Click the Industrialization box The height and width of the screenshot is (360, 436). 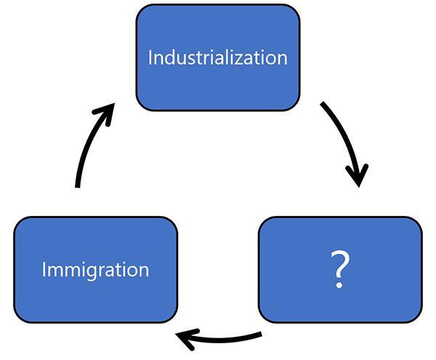pyautogui.click(x=217, y=80)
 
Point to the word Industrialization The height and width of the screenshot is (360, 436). pyautogui.click(x=217, y=57)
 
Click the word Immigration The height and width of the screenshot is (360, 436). pyautogui.click(x=95, y=270)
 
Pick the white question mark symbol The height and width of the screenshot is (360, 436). pyautogui.click(x=339, y=270)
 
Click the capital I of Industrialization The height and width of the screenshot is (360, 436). pyautogui.click(x=151, y=57)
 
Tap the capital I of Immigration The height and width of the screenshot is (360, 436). pyautogui.click(x=44, y=270)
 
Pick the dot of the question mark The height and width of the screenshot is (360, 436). pyautogui.click(x=339, y=285)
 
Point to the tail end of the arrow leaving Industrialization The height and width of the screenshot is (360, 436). pyautogui.click(x=323, y=105)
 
